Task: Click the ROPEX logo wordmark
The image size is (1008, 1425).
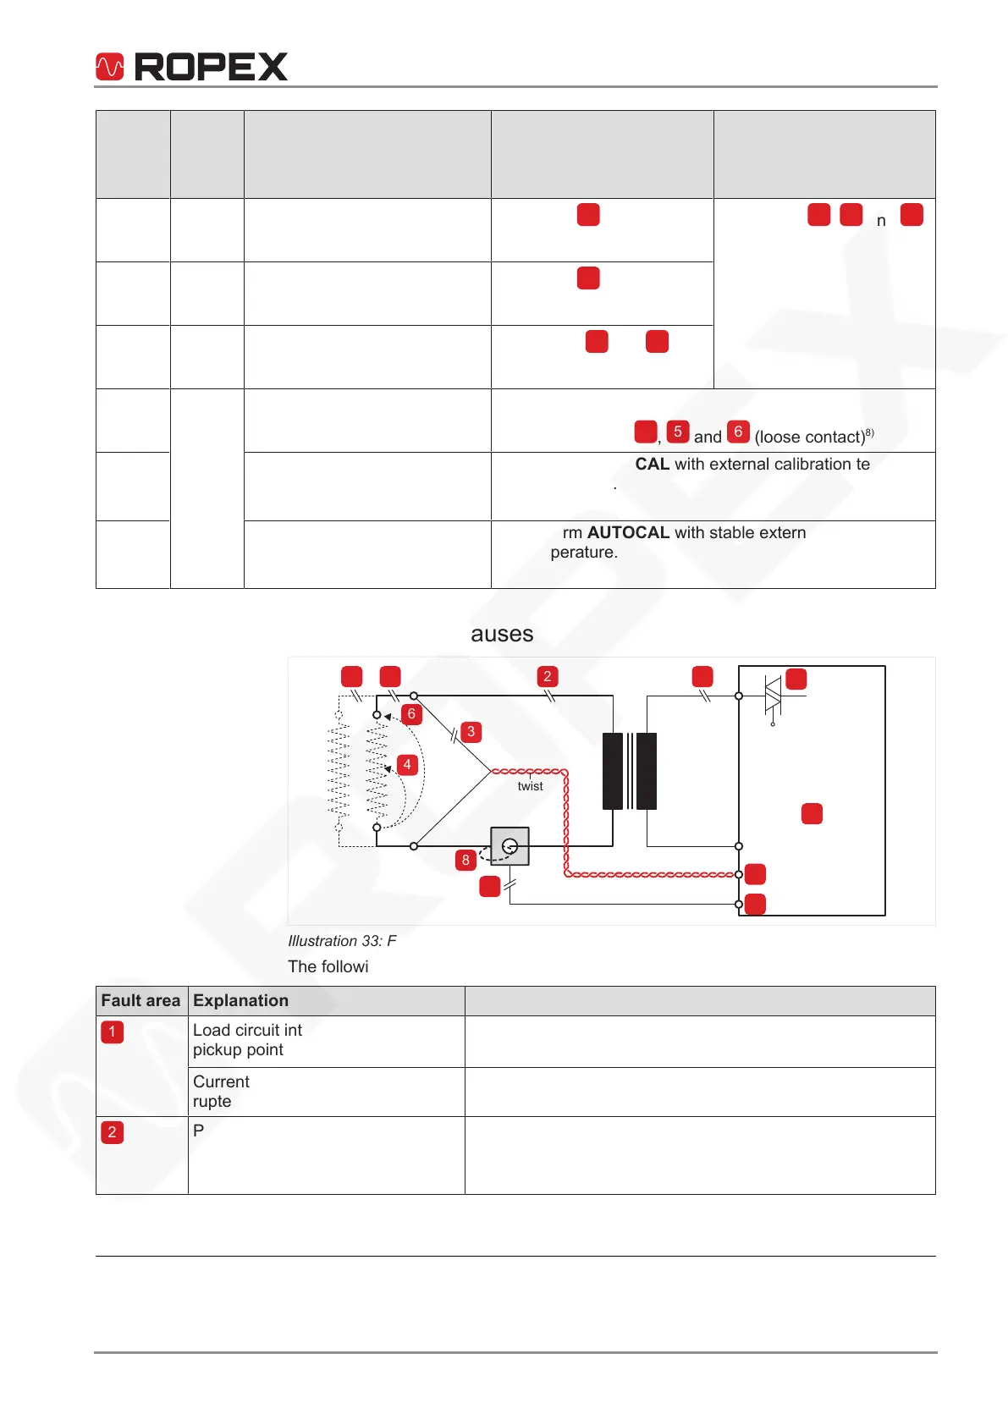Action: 211,67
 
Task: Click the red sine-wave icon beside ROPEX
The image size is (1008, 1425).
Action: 110,67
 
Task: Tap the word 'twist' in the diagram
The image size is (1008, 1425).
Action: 530,786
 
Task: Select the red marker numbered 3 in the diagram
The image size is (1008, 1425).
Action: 471,732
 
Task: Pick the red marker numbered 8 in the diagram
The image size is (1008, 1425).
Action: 465,861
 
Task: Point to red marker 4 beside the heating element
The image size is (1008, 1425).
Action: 407,765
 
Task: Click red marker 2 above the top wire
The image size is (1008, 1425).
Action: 548,676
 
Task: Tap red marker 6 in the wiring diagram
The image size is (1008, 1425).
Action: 411,714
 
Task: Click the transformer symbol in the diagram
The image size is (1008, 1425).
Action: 630,771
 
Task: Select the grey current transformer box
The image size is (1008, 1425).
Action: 510,845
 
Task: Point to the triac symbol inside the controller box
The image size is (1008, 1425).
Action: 772,696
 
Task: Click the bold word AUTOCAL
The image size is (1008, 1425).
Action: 628,532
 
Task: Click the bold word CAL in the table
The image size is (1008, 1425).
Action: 653,464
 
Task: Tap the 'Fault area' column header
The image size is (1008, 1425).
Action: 140,1000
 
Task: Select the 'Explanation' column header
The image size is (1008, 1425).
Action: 240,1000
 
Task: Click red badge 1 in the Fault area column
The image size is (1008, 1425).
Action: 112,1032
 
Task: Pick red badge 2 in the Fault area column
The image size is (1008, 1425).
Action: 112,1132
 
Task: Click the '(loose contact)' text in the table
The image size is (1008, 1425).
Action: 810,437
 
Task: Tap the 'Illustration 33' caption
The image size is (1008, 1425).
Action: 342,941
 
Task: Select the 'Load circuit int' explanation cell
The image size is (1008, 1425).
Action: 247,1039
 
